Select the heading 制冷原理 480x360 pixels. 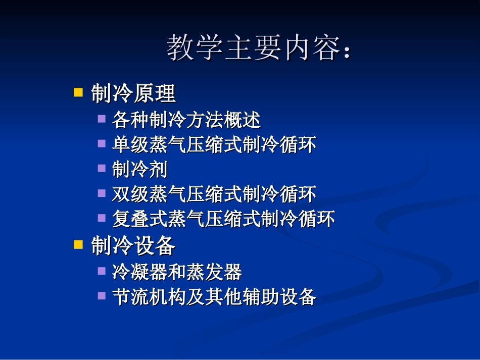[133, 93]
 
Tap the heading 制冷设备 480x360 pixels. [133, 246]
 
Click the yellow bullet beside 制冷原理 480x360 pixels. [78, 92]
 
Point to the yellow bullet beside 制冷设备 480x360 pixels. [78, 245]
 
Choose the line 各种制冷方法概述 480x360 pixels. [186, 120]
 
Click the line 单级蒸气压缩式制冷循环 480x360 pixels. [214, 145]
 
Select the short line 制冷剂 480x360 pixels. [139, 170]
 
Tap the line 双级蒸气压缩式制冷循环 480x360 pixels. [214, 194]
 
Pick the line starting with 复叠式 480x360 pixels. [223, 219]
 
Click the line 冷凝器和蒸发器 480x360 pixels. [177, 272]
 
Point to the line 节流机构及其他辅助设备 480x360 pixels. [214, 297]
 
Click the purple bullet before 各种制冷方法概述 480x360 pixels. [102, 119]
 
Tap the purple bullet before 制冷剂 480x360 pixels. [102, 169]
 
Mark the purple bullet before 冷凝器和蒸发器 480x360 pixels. [102, 271]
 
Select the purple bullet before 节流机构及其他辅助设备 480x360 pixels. [102, 296]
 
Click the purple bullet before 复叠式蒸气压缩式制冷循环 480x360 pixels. [102, 218]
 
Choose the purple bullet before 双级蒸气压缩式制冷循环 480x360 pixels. [102, 193]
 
